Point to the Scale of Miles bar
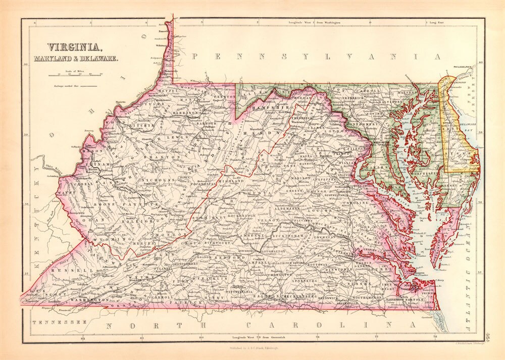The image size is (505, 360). (75, 76)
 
